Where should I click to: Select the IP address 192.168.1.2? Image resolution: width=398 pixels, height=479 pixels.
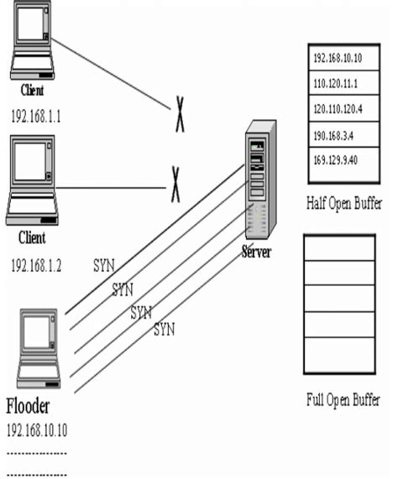point(36,264)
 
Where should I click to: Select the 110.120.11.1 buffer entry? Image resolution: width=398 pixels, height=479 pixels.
point(335,85)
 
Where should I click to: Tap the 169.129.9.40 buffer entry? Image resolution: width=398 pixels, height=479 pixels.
point(335,159)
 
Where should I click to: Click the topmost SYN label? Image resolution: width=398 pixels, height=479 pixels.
point(103,268)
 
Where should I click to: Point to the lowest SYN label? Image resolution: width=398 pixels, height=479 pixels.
point(164,330)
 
